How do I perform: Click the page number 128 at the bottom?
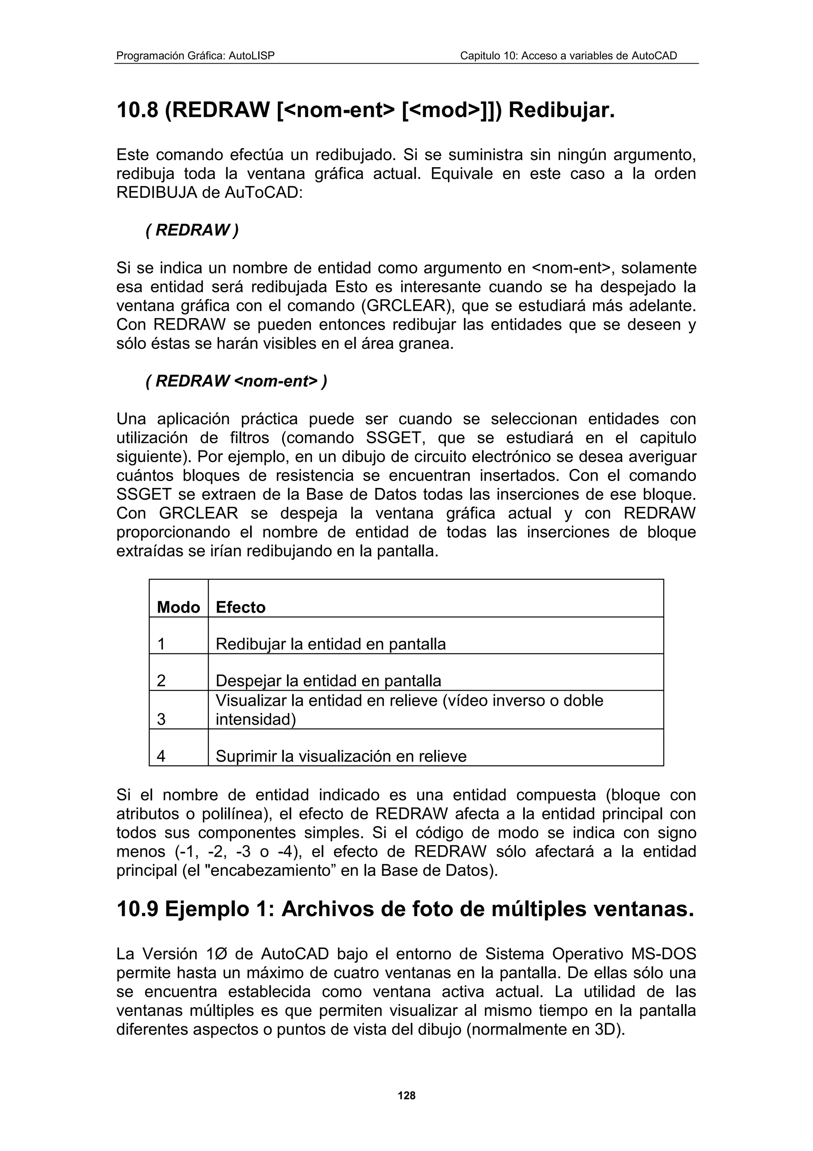pyautogui.click(x=406, y=1095)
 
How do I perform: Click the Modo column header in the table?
pyautogui.click(x=178, y=607)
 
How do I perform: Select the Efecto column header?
pyautogui.click(x=241, y=607)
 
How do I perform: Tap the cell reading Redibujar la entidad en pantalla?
pyautogui.click(x=331, y=644)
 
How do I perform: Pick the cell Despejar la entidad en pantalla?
pyautogui.click(x=328, y=681)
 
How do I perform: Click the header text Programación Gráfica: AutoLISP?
pyautogui.click(x=195, y=56)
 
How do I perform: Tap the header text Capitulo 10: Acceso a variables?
pyautogui.click(x=568, y=56)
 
